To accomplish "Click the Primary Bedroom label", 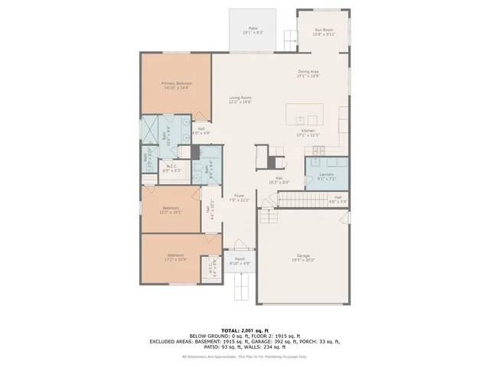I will point(176,85).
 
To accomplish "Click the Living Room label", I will point(240,99).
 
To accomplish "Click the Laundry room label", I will point(326,176).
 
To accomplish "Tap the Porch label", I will point(240,261).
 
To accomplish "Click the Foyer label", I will point(240,197).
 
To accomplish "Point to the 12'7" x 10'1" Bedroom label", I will point(171,209).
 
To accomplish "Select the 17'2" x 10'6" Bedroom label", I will point(175,258).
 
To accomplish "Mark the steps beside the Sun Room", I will point(289,36).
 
